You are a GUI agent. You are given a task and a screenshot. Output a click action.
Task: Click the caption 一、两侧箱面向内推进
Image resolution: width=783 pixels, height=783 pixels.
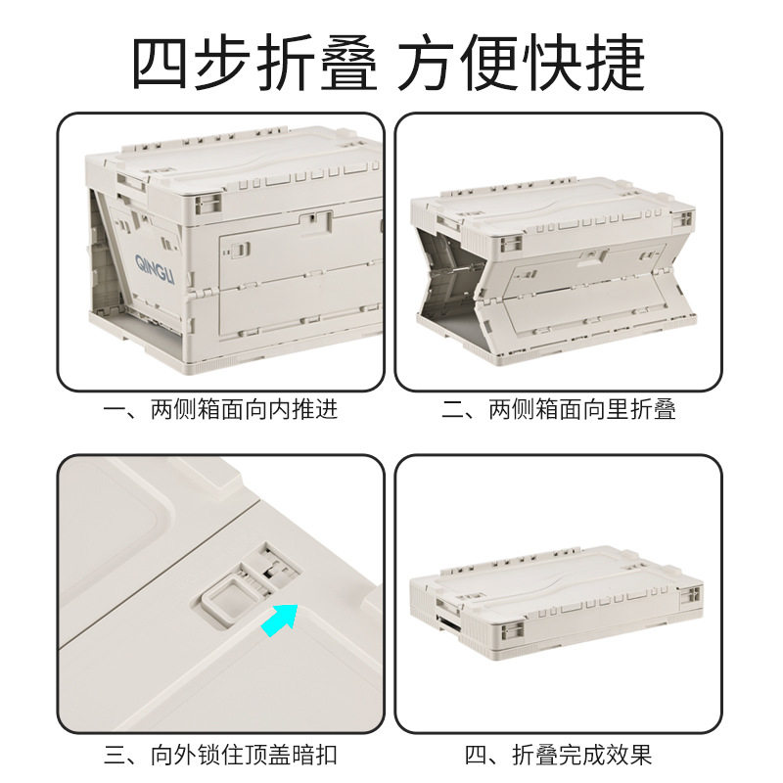(220, 409)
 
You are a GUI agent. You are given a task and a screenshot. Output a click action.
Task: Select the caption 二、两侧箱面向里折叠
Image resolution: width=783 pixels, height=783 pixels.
(559, 409)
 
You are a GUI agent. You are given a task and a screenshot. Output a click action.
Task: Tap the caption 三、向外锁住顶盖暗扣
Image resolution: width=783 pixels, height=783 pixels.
(220, 755)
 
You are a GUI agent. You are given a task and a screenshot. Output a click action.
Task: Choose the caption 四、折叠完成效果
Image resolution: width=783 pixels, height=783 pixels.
(559, 755)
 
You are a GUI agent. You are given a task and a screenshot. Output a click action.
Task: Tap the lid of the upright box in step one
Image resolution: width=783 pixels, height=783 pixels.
(245, 166)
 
